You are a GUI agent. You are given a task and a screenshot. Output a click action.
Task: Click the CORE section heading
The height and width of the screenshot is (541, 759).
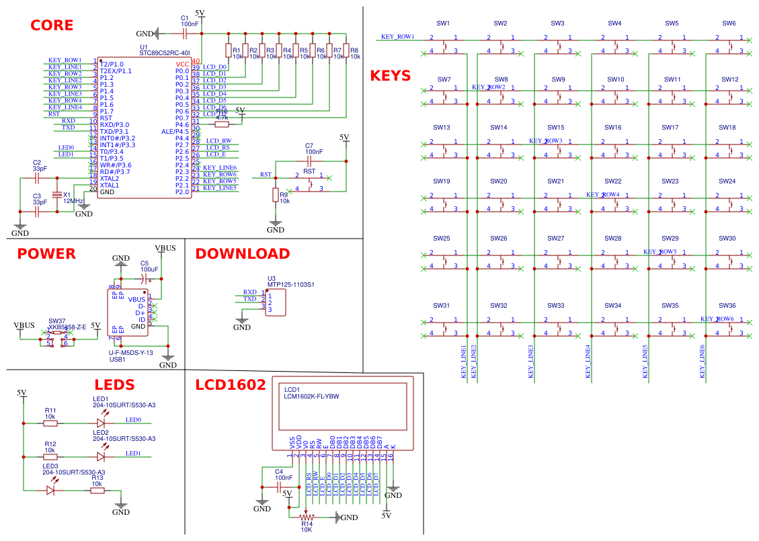point(52,26)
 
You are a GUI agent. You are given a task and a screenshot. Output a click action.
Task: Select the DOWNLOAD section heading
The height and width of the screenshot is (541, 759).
point(242,254)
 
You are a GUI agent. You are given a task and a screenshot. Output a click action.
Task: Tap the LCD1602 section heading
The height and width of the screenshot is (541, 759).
point(230,385)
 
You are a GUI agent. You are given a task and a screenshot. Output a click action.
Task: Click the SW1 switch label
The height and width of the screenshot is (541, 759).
point(443,24)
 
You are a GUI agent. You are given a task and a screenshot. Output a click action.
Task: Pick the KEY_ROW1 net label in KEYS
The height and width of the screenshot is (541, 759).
point(397,37)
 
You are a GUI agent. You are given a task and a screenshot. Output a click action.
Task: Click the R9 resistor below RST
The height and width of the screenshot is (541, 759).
point(275,195)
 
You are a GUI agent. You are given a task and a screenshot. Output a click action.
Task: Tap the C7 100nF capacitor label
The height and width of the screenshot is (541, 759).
point(309,146)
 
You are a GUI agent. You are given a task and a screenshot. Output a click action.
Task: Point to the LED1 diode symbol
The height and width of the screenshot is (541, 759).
point(102,423)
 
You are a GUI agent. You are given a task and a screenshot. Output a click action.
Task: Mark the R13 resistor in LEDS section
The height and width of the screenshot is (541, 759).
point(97,491)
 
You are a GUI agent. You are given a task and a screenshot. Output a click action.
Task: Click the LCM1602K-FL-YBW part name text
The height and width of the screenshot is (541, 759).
point(311,397)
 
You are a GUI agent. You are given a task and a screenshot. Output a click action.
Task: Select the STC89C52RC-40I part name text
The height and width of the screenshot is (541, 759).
point(165,52)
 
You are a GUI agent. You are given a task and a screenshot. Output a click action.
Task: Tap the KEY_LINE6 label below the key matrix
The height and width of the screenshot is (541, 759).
point(703,363)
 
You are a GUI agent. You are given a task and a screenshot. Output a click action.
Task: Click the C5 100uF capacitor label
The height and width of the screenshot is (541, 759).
point(144,263)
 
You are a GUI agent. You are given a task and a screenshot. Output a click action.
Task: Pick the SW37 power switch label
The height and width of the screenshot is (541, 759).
point(57,321)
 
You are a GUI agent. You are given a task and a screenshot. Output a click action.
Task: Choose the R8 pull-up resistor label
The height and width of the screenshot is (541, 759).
point(354,50)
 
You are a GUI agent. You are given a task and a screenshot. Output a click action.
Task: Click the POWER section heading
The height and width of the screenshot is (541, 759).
point(46,254)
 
